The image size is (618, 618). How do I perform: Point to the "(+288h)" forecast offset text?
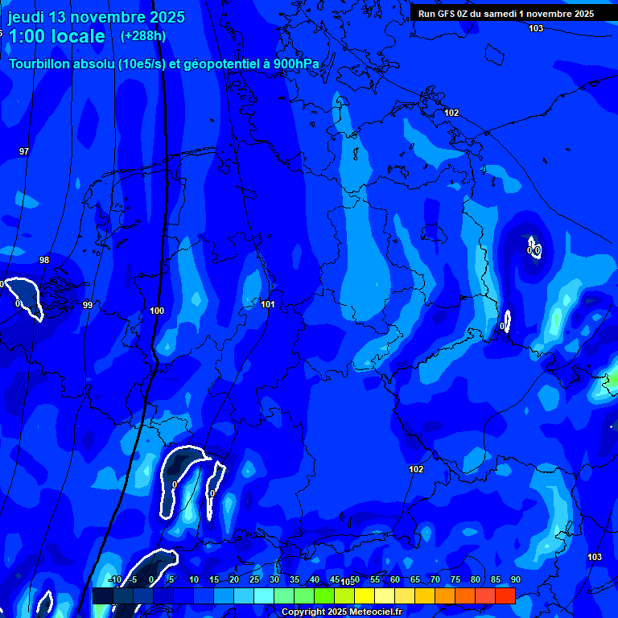(143, 36)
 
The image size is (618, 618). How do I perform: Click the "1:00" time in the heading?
(27, 37)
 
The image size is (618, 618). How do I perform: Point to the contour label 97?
(24, 151)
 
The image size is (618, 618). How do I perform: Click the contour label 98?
(44, 260)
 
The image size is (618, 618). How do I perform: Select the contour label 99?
(88, 305)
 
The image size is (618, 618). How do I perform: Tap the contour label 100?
(157, 311)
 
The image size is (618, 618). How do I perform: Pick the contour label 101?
(268, 304)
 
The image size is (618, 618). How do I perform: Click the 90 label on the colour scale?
(515, 579)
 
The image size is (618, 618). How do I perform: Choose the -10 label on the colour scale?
(114, 579)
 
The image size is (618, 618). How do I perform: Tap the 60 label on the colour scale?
(394, 579)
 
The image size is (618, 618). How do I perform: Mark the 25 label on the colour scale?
(253, 579)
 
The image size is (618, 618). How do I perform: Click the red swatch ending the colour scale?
(505, 595)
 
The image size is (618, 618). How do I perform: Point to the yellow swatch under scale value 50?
(364, 595)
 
